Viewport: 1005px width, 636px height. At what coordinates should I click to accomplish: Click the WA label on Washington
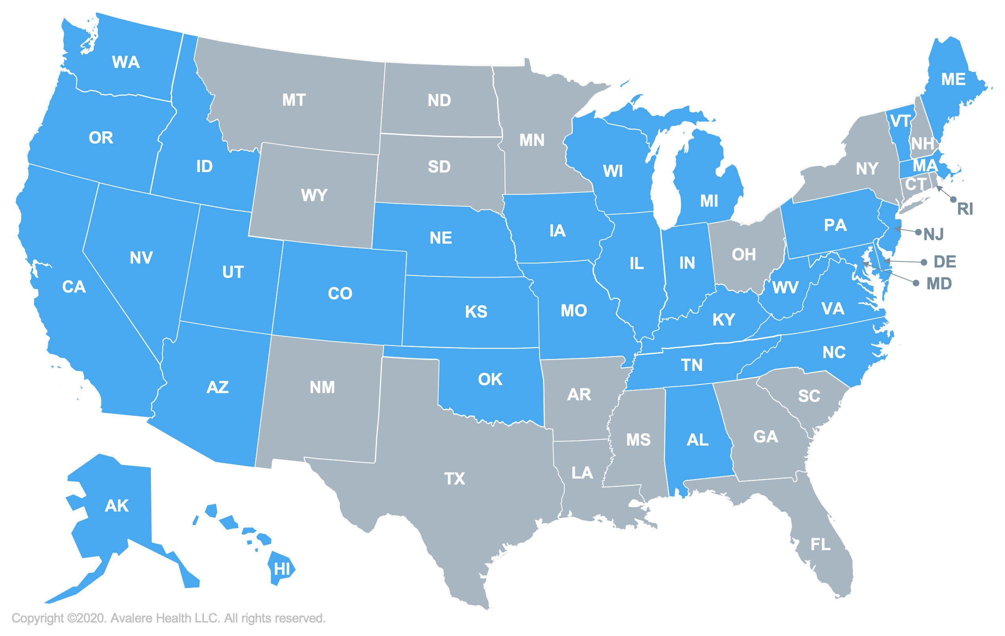(x=126, y=62)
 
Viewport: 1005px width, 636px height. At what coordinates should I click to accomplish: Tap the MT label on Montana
(x=294, y=100)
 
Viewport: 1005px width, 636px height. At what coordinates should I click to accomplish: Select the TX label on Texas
(x=454, y=479)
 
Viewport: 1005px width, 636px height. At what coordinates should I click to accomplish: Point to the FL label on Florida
(x=820, y=545)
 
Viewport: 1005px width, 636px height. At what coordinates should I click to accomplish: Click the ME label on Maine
(x=953, y=79)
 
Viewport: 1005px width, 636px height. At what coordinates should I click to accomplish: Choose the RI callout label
(x=965, y=209)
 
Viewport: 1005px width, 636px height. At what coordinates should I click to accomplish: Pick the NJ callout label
(x=933, y=234)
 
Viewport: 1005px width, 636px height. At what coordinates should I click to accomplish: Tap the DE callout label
(x=945, y=262)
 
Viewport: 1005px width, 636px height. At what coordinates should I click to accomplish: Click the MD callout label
(x=939, y=284)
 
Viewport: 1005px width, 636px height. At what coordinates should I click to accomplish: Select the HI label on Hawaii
(x=282, y=569)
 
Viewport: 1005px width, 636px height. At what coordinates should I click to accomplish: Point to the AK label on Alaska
(x=116, y=506)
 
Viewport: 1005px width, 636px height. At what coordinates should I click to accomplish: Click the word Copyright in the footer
(x=37, y=618)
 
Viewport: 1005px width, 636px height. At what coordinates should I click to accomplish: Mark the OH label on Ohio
(x=744, y=255)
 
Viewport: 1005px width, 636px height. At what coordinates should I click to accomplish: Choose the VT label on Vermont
(x=900, y=122)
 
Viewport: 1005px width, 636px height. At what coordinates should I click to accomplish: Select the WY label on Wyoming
(x=314, y=196)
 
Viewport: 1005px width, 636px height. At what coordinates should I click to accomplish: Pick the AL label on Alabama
(x=698, y=440)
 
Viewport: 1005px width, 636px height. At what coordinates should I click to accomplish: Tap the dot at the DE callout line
(x=924, y=262)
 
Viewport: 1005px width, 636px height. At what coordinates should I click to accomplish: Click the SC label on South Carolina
(x=809, y=396)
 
